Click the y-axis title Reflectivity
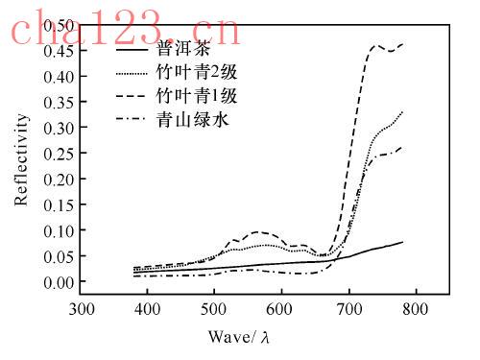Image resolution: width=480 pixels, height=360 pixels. point(21,159)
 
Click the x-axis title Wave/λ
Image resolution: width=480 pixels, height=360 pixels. point(239,337)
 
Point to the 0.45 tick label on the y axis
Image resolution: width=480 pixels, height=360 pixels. point(59,51)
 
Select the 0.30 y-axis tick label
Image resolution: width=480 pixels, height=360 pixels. point(59,128)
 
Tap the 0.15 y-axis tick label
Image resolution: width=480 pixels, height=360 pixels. point(59,204)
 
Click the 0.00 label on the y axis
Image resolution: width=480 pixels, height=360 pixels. point(59,282)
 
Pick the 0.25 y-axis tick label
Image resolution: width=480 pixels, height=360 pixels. point(59,154)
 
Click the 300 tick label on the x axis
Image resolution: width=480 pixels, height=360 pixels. point(82,309)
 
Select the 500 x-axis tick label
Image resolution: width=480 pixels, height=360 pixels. point(213,309)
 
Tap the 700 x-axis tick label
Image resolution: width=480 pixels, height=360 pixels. point(349,309)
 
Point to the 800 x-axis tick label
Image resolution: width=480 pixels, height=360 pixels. point(416,309)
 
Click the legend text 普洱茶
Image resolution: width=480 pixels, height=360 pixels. point(183,49)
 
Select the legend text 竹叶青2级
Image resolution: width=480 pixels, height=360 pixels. point(197,72)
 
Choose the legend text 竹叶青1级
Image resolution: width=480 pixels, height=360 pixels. point(197,96)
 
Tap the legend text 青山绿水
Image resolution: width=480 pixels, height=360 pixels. point(193,119)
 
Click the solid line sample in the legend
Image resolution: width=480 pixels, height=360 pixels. point(132,50)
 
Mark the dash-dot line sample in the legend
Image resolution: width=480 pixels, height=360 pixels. point(132,119)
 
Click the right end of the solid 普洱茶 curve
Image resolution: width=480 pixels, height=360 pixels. point(402,242)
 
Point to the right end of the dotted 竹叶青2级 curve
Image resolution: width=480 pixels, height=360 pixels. point(402,112)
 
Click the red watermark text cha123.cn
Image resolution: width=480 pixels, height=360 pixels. point(126,29)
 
